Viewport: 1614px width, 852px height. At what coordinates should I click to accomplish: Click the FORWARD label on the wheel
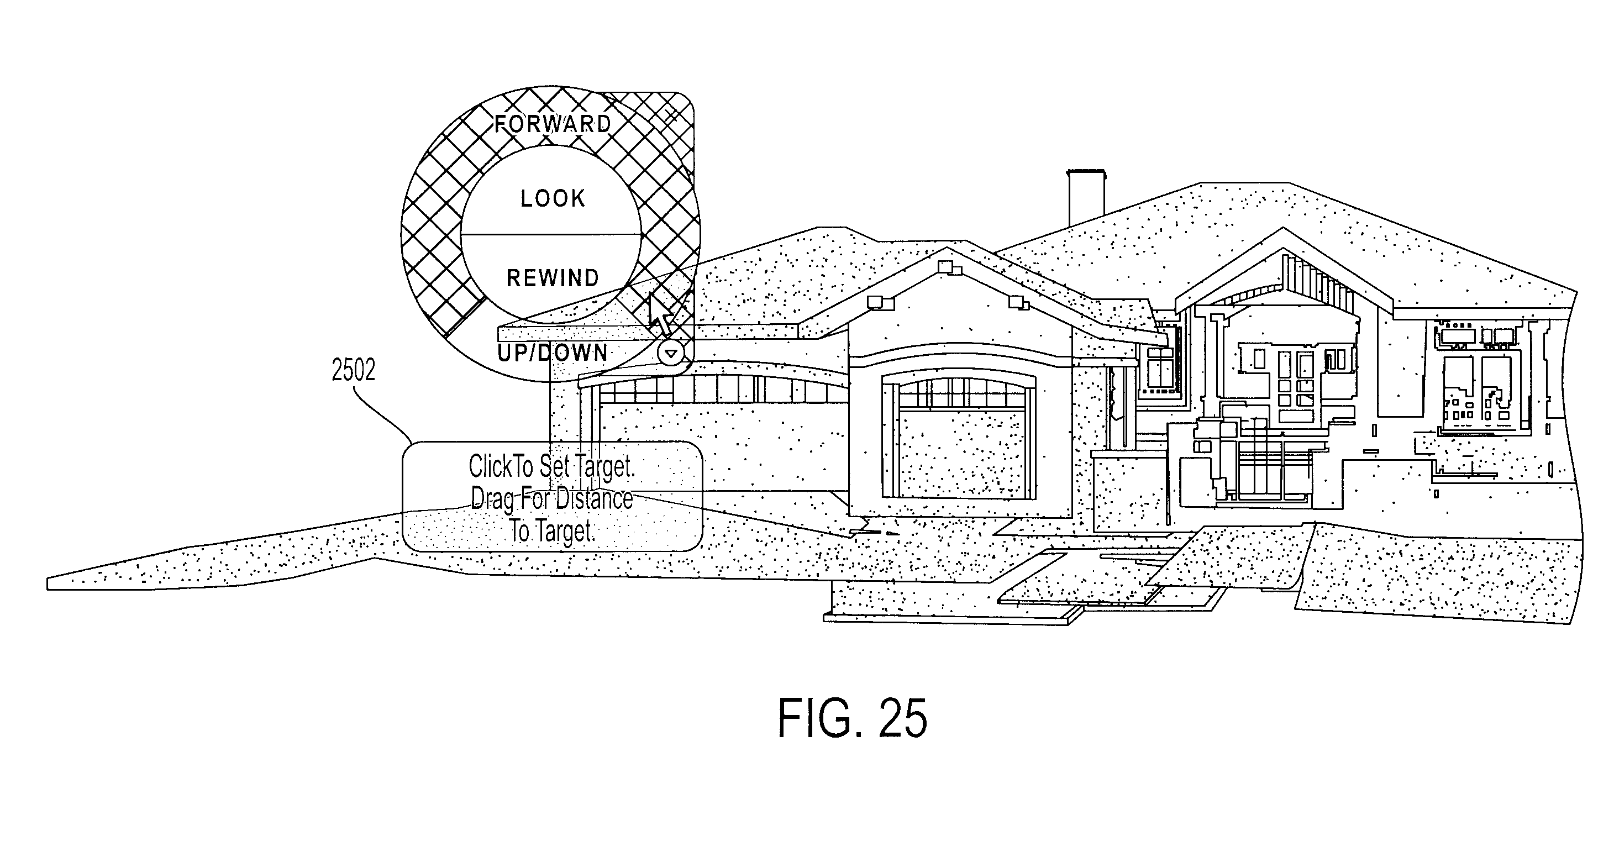(x=553, y=124)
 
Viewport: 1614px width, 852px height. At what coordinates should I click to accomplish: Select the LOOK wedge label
(x=553, y=198)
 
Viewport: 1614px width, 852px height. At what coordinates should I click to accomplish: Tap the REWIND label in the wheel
(x=553, y=278)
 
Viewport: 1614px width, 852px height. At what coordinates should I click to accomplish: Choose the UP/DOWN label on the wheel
(x=553, y=353)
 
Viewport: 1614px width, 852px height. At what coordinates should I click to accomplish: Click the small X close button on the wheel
(x=671, y=114)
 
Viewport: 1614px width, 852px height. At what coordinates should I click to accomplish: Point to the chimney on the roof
(x=1086, y=197)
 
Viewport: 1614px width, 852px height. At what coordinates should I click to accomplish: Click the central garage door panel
(x=959, y=453)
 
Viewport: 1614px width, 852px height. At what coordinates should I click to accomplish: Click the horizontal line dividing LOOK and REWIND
(x=551, y=235)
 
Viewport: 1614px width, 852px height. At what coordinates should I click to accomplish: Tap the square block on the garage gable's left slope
(x=880, y=303)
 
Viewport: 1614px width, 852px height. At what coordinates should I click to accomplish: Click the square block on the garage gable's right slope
(x=1018, y=304)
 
